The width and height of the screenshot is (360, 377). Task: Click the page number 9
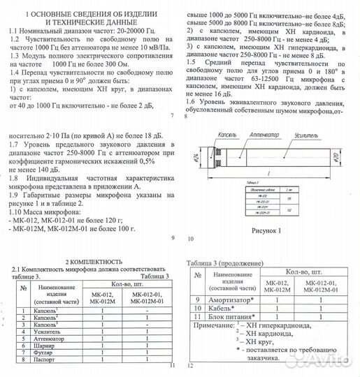point(172,237)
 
